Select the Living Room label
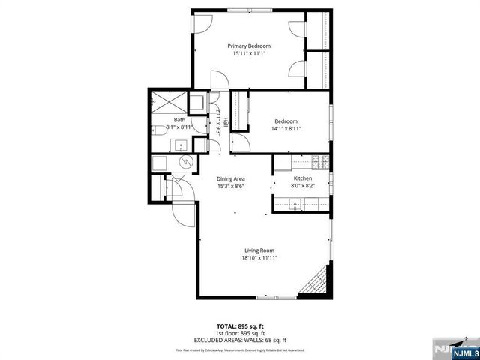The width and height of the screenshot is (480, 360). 259,250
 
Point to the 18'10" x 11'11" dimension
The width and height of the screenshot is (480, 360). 259,258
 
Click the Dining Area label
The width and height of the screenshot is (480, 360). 231,178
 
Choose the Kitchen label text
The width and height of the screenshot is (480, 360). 303,178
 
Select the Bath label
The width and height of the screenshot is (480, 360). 179,120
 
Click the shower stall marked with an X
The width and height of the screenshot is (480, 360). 162,101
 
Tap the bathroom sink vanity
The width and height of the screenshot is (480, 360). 181,145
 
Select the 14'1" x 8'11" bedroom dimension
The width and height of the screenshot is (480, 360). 286,129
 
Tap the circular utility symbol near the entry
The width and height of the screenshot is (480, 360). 185,163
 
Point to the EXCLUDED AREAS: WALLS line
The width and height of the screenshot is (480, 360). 240,340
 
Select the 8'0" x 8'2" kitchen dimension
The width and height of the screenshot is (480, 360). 303,186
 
